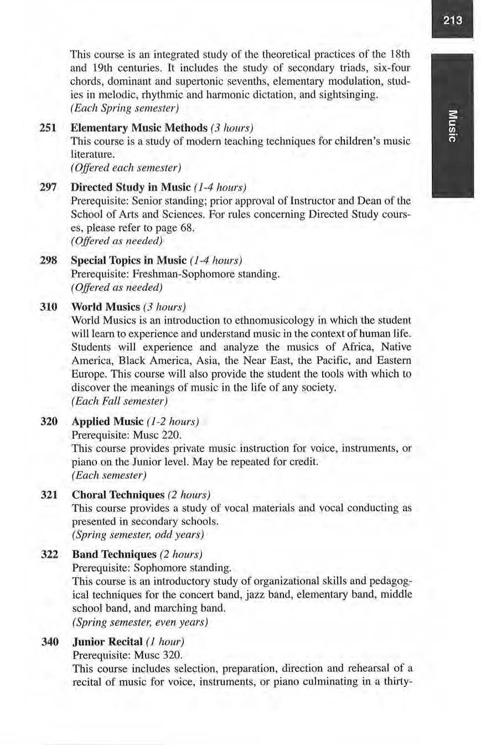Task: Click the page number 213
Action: tap(452, 21)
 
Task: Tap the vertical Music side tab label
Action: tap(452, 126)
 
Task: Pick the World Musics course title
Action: tap(105, 307)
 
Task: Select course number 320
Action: tap(49, 422)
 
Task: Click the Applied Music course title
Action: tap(107, 422)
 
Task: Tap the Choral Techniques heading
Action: tap(118, 495)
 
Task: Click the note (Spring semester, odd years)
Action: tap(138, 535)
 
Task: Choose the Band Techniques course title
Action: tap(114, 554)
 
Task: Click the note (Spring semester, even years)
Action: tap(140, 622)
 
